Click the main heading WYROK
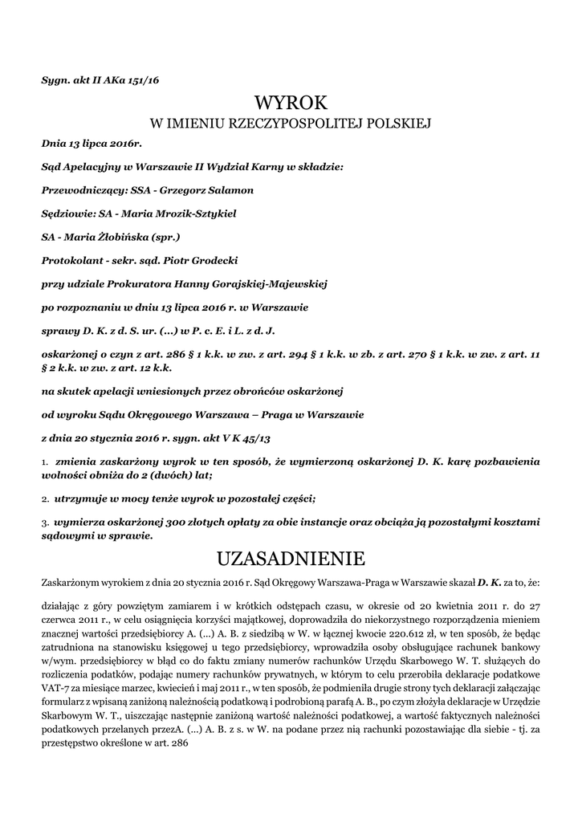coord(291,103)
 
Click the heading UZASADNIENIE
coord(291,557)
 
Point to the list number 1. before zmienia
coord(44,463)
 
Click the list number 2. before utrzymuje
coord(44,498)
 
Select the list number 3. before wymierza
coord(44,522)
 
